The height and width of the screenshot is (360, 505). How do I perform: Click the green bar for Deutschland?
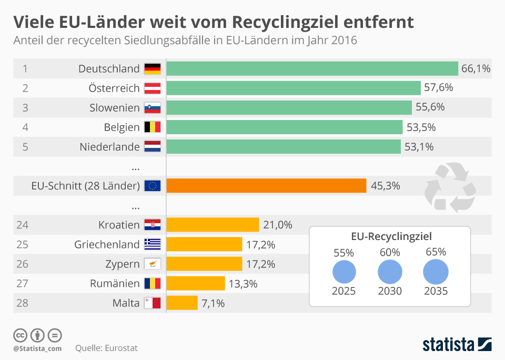(312, 69)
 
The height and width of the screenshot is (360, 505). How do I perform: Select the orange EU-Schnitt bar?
(266, 186)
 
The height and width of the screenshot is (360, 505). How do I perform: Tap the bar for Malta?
(182, 303)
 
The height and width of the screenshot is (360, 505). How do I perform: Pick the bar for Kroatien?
(213, 225)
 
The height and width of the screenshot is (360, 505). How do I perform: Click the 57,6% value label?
(438, 88)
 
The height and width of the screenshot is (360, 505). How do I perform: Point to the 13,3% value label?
(243, 284)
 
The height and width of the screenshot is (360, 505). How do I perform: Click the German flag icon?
(153, 69)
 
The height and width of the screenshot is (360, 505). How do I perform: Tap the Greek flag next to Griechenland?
(153, 244)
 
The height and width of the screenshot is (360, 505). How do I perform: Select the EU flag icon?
(153, 186)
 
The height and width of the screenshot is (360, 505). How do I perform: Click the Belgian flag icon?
(153, 127)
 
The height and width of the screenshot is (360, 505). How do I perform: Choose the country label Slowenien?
(115, 108)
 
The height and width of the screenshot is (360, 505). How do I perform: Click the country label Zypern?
(123, 264)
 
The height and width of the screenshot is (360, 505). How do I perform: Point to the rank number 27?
(22, 283)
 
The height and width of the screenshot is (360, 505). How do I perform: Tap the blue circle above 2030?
(390, 272)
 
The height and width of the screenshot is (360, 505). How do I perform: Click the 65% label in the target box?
(435, 252)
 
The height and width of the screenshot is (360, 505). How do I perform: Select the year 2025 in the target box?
(344, 291)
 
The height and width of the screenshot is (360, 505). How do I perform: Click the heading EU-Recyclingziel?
(389, 236)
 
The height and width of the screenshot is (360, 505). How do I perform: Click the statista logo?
(457, 345)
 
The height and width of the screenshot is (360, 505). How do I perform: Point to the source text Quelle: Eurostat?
(107, 348)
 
